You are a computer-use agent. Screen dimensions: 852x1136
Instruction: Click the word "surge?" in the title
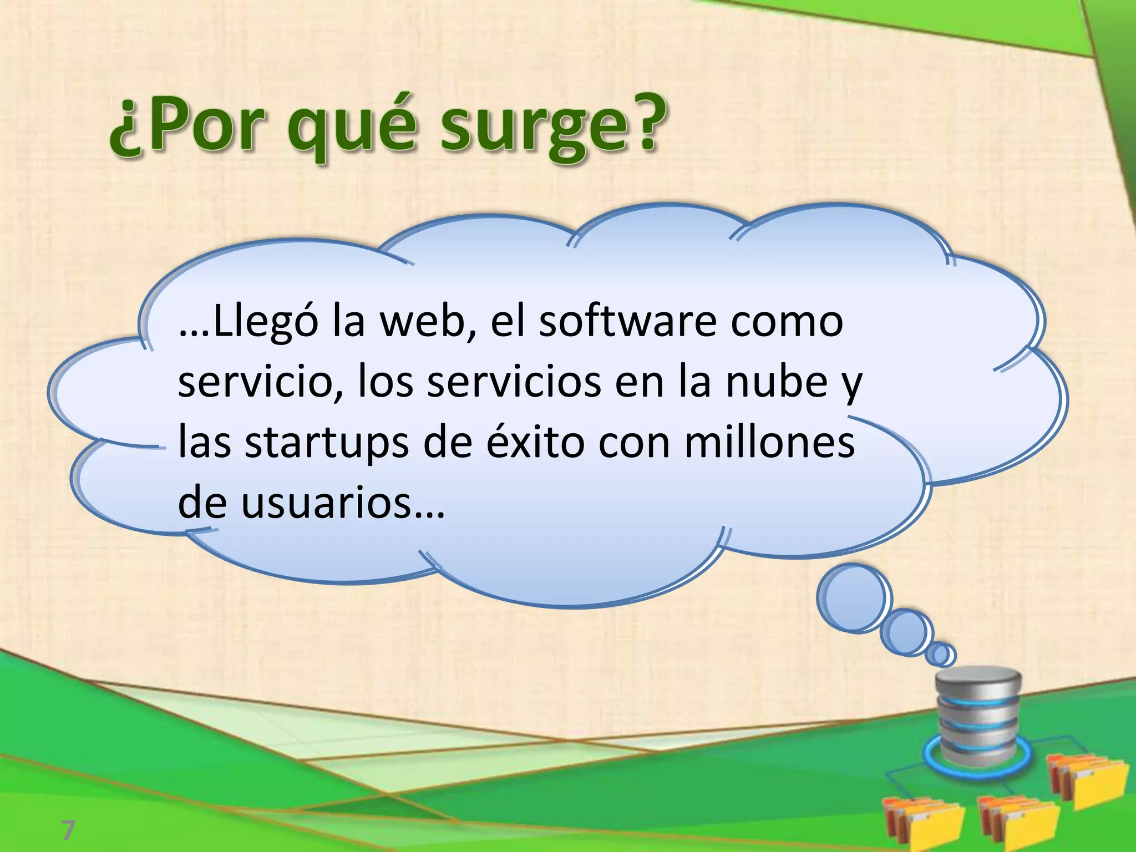pyautogui.click(x=551, y=129)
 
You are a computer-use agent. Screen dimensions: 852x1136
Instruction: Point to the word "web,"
pyautogui.click(x=428, y=322)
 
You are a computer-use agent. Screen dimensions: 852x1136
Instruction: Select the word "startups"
pyautogui.click(x=327, y=444)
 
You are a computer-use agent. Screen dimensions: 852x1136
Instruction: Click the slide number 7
pyautogui.click(x=68, y=830)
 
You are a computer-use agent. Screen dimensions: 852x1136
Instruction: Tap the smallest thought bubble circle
pyautogui.click(x=940, y=655)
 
